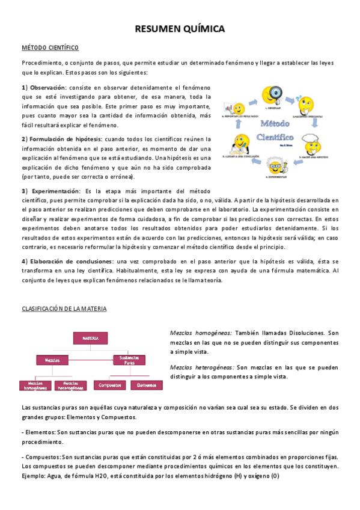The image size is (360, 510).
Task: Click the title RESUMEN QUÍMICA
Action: coord(180,29)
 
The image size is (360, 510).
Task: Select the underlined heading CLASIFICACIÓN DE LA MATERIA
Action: coord(64,309)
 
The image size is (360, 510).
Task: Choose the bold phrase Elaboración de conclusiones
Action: coord(72,262)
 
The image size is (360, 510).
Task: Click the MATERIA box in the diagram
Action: coord(90,338)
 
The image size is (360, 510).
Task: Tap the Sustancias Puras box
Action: coord(129,360)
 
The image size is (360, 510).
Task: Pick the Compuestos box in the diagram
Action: coord(109,385)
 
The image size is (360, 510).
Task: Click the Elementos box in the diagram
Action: coord(146,385)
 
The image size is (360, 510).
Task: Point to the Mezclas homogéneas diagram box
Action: coord(35,385)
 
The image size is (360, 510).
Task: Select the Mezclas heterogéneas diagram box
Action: coord(70,385)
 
